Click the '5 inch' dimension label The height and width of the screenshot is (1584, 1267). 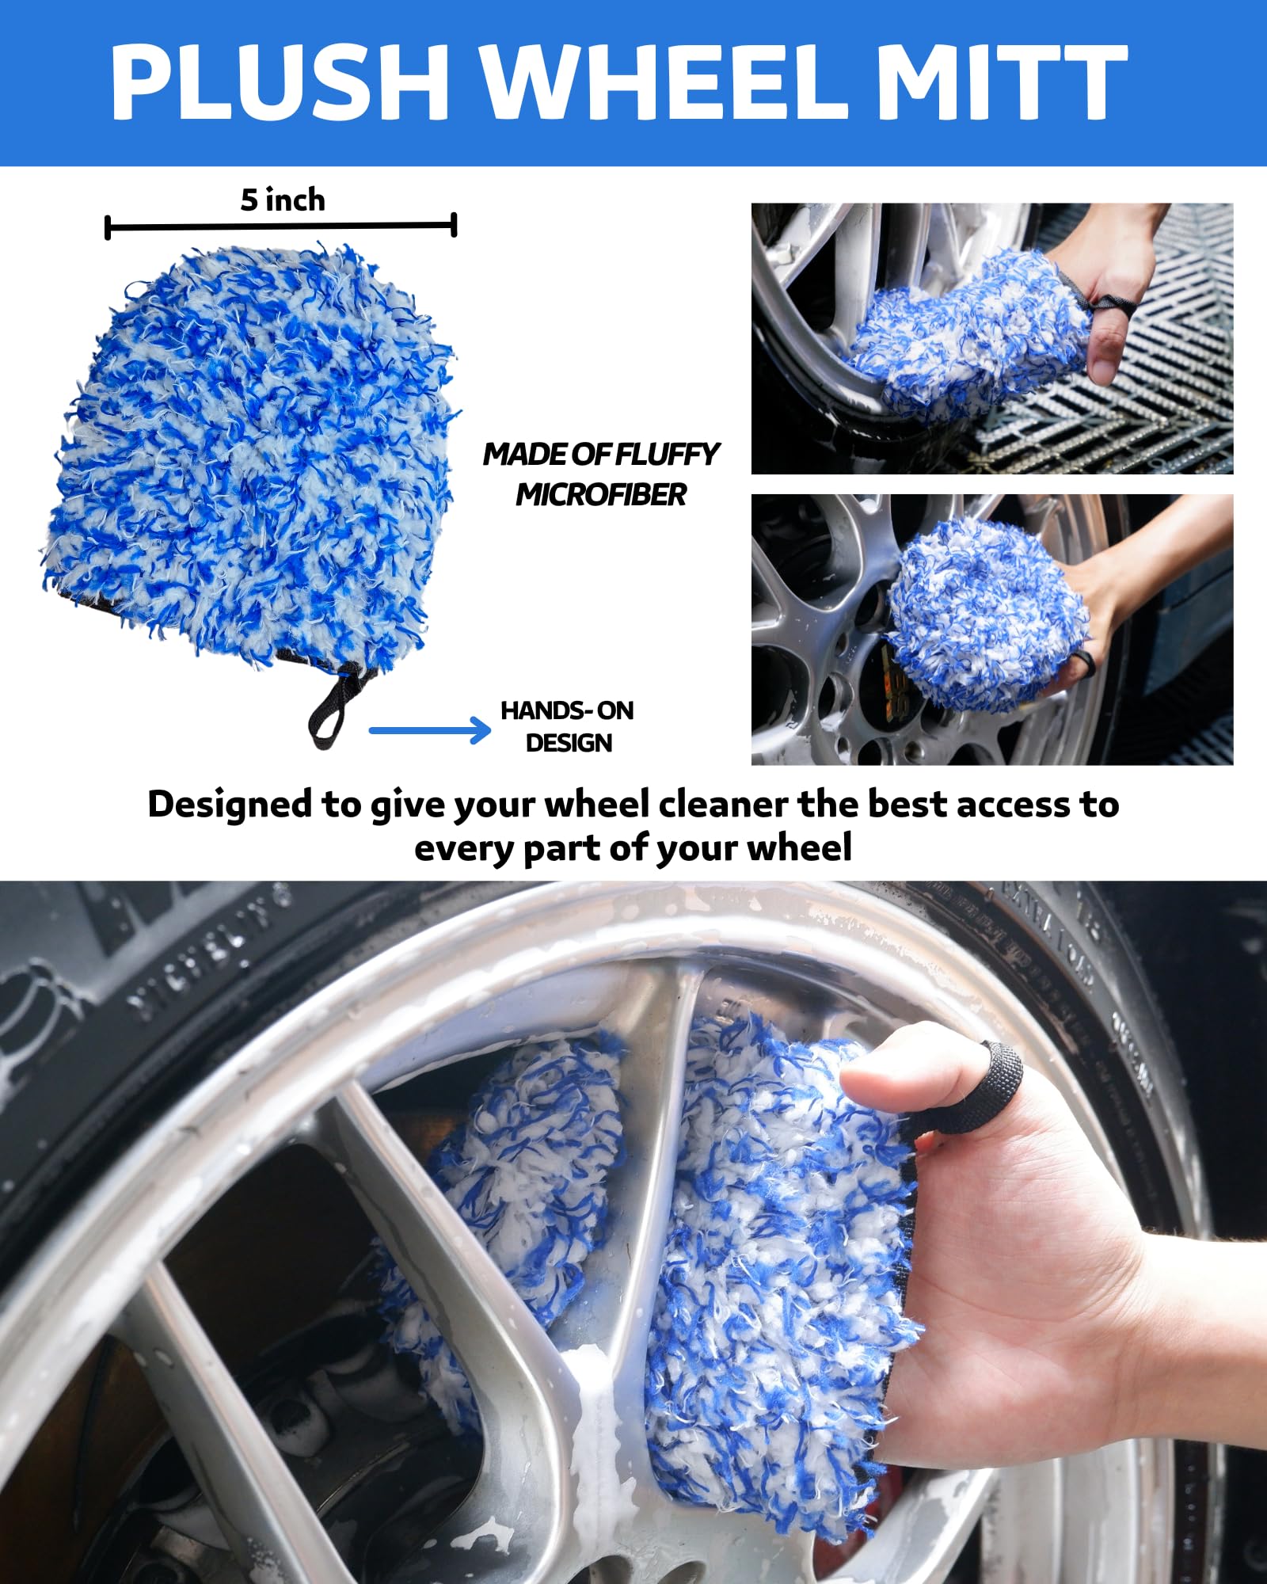coord(283,200)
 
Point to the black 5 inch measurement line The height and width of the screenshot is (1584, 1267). coord(281,227)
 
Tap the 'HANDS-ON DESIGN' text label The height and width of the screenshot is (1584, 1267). coord(568,726)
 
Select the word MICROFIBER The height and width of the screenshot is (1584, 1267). coord(601,495)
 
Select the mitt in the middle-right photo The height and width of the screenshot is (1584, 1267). coord(986,614)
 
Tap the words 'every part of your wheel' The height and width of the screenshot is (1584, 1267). coord(633,848)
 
